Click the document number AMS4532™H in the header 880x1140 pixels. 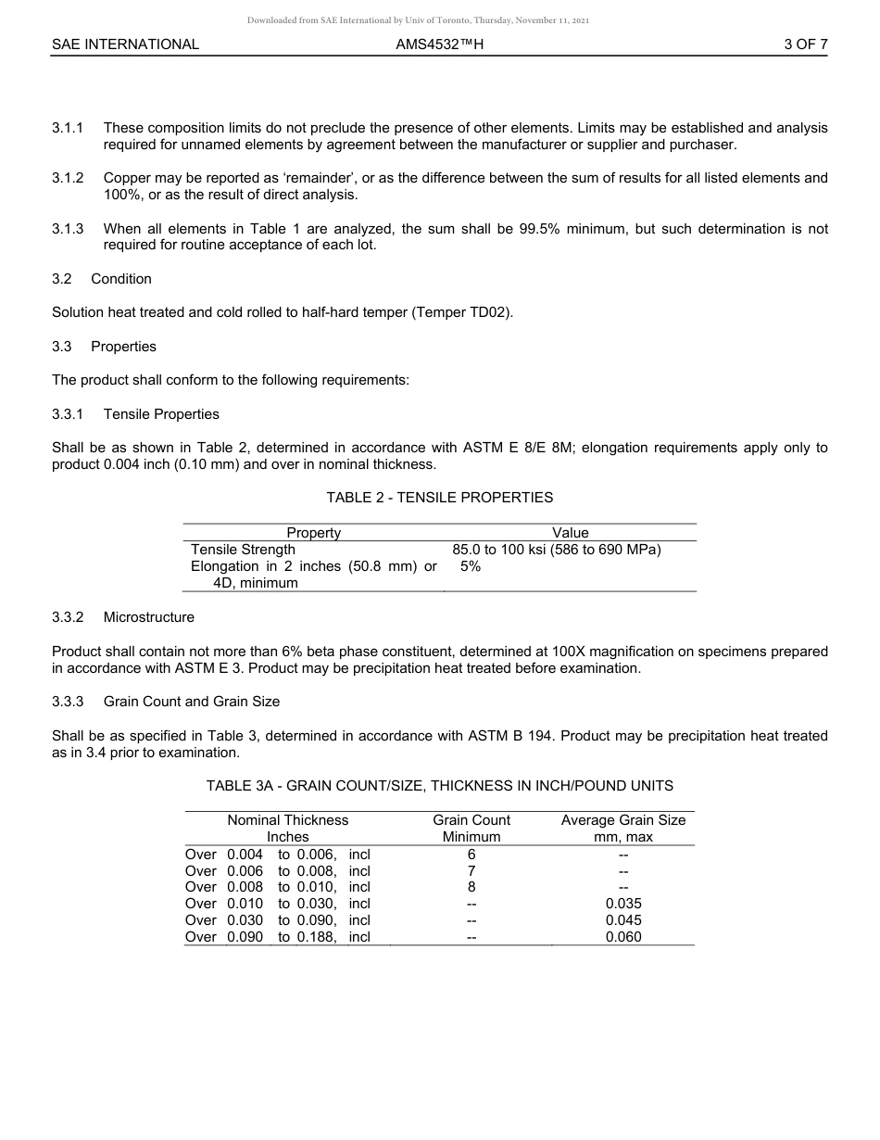click(439, 44)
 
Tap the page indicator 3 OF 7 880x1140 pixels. click(805, 44)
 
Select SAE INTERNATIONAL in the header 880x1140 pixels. click(125, 44)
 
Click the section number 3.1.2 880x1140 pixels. click(68, 178)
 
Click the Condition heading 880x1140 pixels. click(121, 279)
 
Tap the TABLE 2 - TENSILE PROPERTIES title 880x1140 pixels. click(439, 498)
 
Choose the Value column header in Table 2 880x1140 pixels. click(570, 533)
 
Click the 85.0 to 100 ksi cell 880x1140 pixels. click(556, 550)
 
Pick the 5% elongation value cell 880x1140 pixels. click(471, 566)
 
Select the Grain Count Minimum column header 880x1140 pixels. click(471, 829)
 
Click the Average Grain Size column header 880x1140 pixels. click(623, 829)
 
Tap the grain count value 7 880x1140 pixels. click(471, 871)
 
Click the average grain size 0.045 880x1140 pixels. click(623, 920)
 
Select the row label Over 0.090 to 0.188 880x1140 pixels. click(278, 937)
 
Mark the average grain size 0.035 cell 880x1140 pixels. click(623, 904)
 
